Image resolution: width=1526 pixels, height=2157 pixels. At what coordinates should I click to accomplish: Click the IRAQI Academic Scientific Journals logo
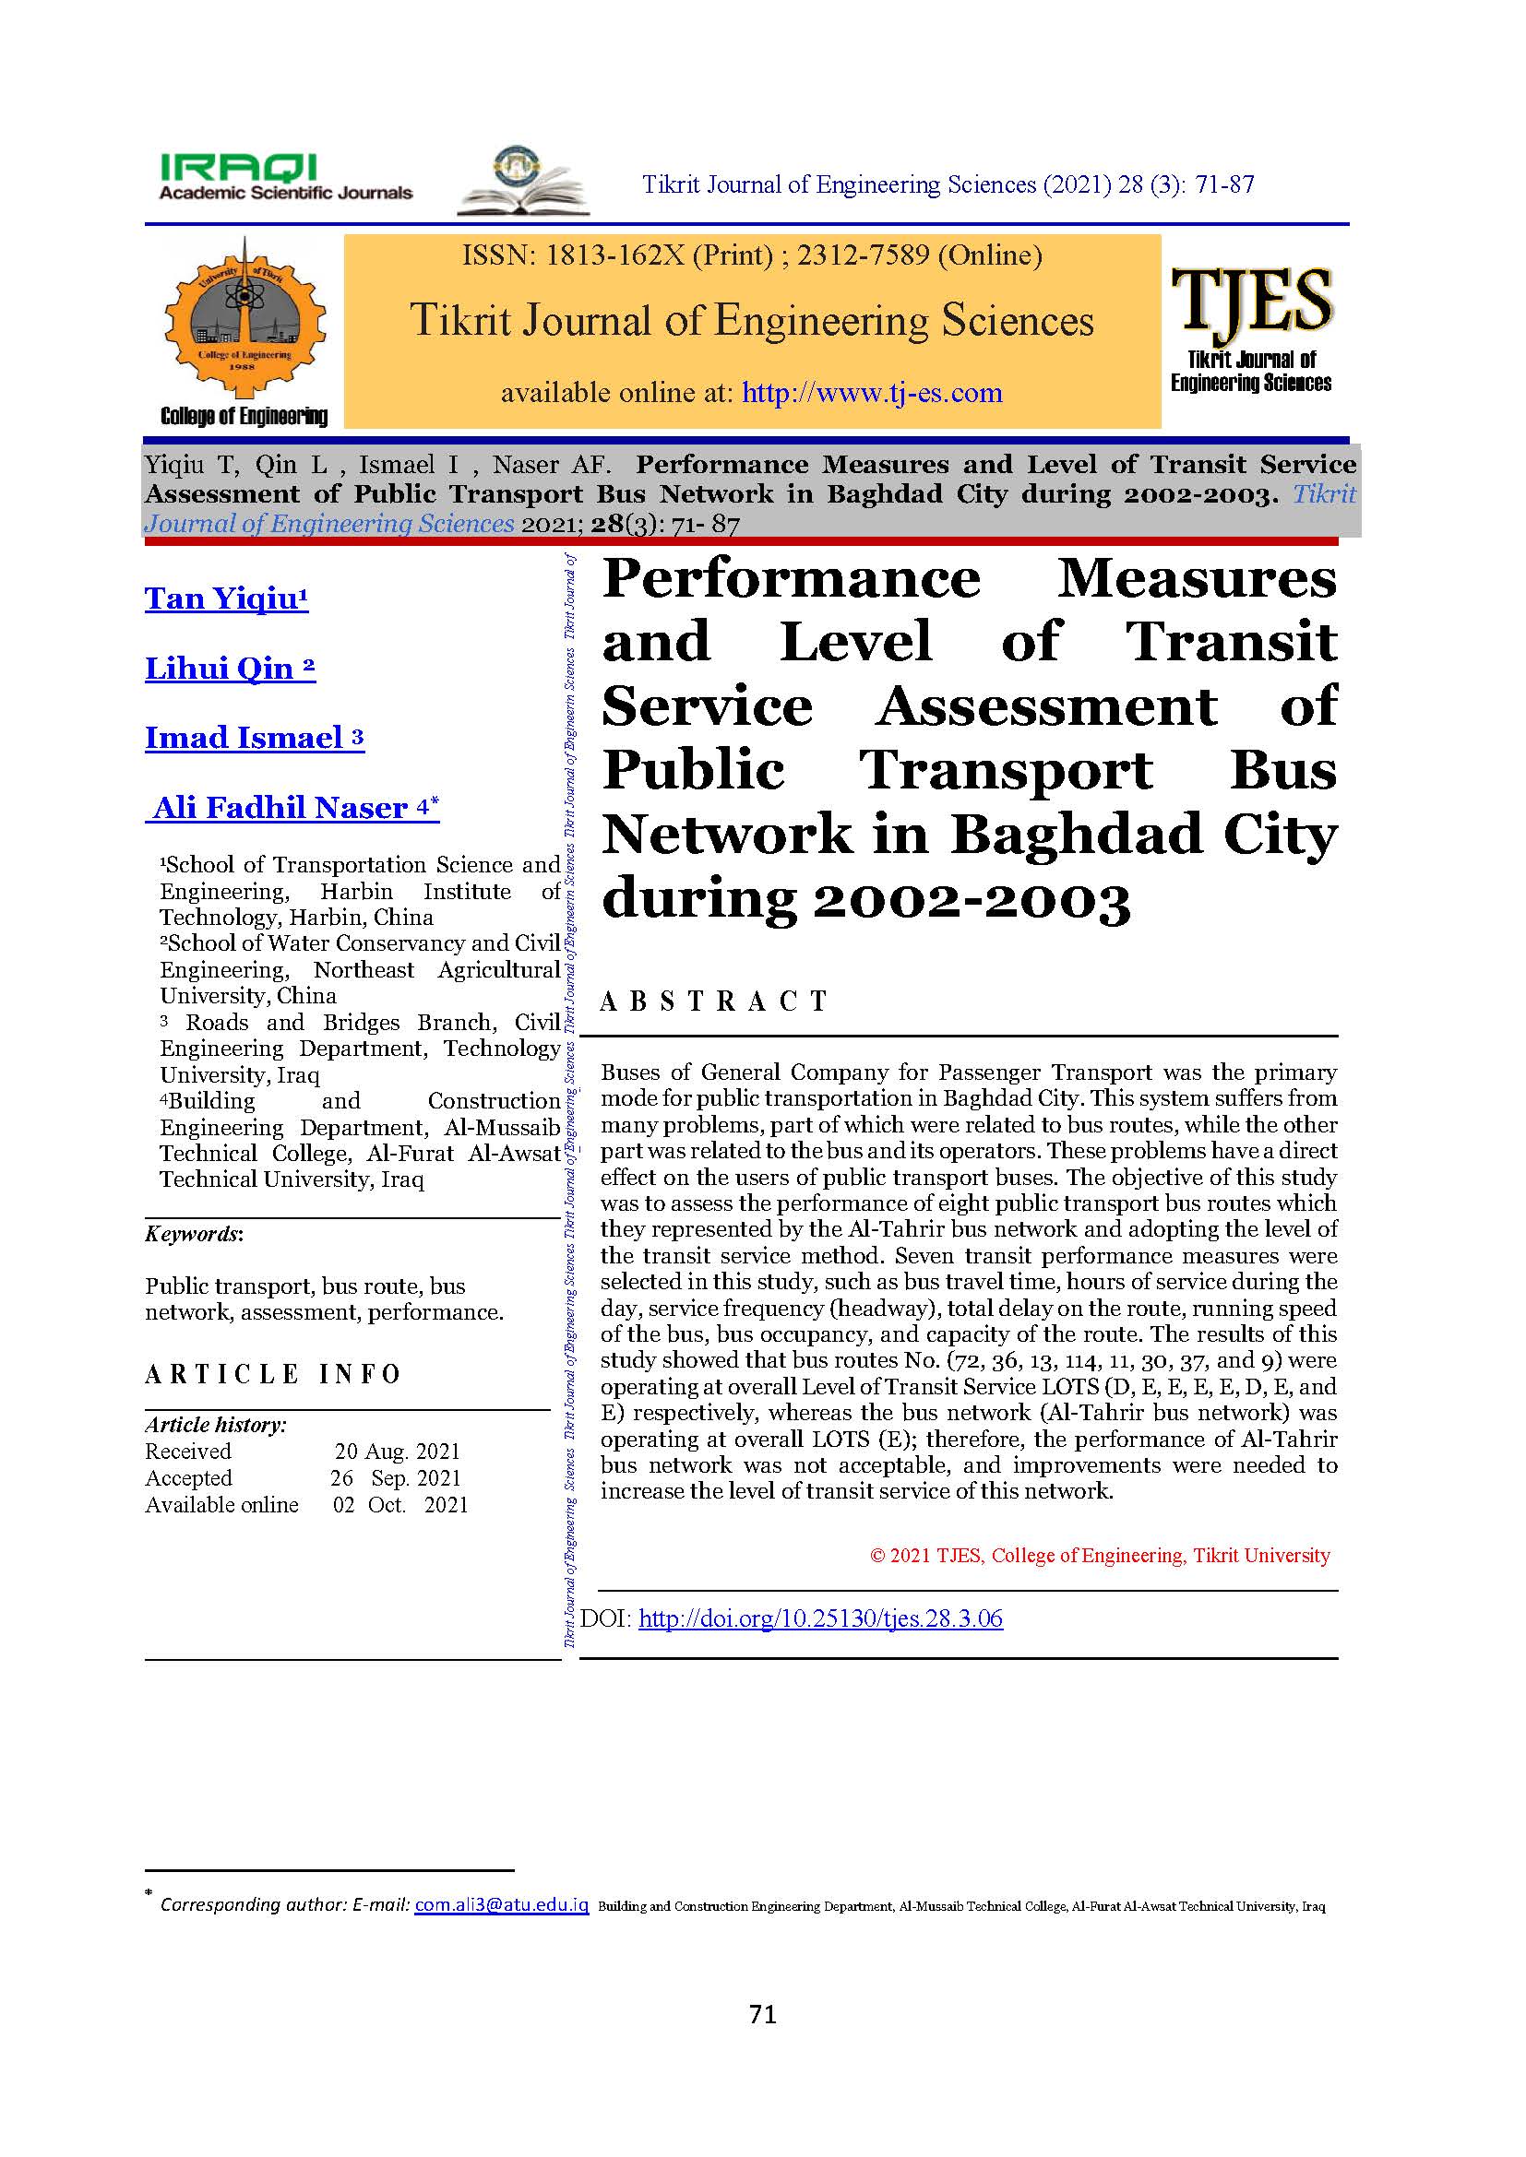(x=286, y=178)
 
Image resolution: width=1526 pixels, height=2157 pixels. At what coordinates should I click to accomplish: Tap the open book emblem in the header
(x=522, y=182)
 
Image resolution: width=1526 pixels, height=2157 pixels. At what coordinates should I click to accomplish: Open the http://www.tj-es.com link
(x=872, y=393)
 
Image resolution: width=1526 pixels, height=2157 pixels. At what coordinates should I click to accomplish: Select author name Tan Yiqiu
(x=225, y=599)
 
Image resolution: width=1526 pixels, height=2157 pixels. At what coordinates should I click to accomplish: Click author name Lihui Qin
(x=230, y=668)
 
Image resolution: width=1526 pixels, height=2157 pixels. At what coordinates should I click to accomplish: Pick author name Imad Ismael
(x=254, y=738)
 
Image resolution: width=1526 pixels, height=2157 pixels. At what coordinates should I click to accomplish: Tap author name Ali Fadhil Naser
(x=292, y=807)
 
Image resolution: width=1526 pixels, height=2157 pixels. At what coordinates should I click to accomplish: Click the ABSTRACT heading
(x=714, y=1001)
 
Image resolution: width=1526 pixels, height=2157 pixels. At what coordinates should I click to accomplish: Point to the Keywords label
(x=194, y=1234)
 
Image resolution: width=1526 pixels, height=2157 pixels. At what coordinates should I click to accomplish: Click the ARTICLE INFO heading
(x=272, y=1374)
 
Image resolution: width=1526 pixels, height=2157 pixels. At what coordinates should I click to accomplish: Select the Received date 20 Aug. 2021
(x=398, y=1452)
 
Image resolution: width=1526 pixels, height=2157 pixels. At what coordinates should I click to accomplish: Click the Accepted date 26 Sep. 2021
(x=396, y=1477)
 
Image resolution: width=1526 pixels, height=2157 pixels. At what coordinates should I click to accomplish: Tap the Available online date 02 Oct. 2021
(x=400, y=1504)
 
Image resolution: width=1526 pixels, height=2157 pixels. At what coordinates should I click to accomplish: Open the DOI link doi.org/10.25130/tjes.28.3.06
(x=820, y=1618)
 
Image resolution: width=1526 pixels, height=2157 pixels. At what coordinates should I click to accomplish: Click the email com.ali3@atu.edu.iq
(x=502, y=1905)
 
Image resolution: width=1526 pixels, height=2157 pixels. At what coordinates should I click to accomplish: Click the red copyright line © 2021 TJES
(x=1100, y=1556)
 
